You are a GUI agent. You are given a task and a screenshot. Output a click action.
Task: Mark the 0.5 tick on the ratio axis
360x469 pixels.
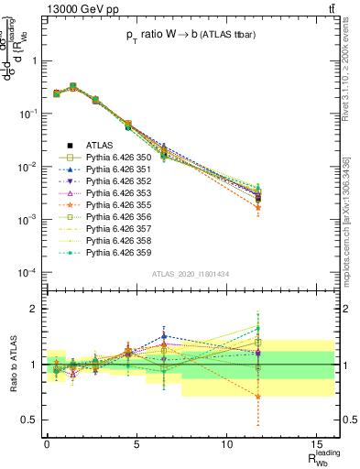click(x=29, y=420)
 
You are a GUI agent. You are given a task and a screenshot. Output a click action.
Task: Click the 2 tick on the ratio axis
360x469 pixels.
click(x=34, y=309)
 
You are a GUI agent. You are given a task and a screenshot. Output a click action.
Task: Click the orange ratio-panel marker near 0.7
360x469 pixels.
click(x=258, y=397)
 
